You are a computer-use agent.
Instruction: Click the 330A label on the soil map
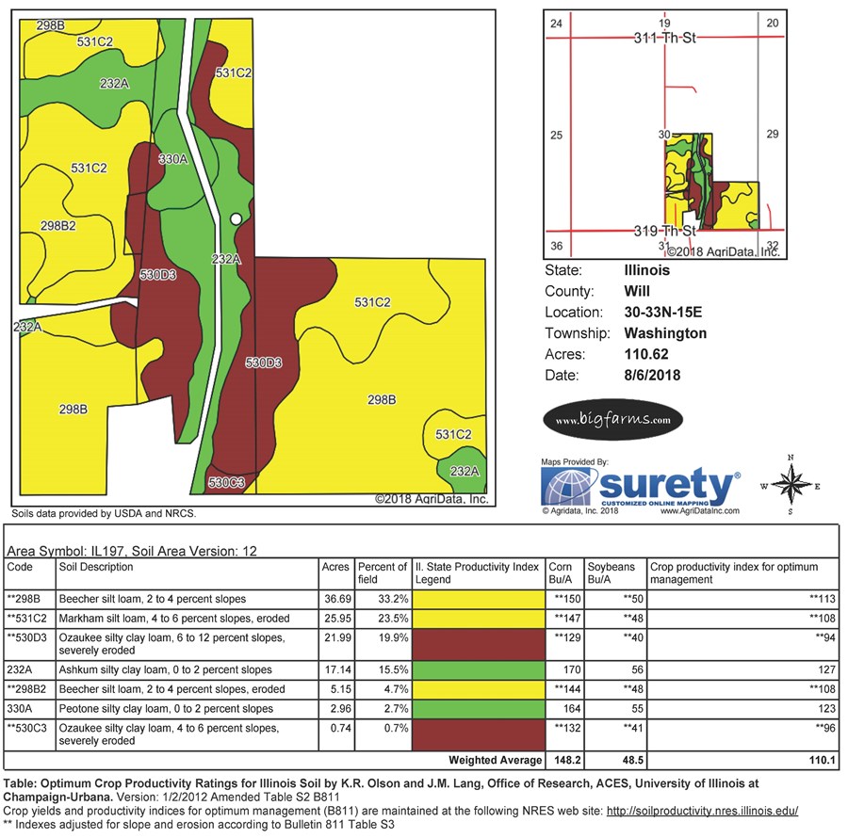(x=173, y=159)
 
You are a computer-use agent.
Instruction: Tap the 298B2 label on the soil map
(x=58, y=226)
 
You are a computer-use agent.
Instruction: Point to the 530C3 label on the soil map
(x=226, y=483)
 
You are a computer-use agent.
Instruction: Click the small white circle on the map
(x=236, y=218)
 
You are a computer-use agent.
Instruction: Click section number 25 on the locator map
(x=556, y=136)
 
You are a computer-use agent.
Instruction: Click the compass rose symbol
(x=791, y=485)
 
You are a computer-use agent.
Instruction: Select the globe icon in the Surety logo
(x=568, y=488)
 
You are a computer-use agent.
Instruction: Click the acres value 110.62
(x=645, y=355)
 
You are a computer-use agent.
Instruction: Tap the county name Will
(x=637, y=291)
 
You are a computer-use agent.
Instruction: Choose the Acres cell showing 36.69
(x=335, y=599)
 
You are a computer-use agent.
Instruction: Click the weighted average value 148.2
(x=564, y=760)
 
